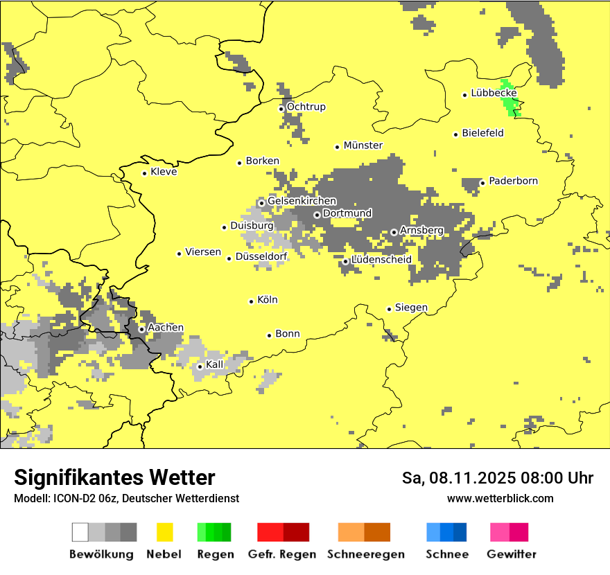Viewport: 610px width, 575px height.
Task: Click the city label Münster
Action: pos(363,145)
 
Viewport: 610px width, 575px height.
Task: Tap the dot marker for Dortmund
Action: pos(317,215)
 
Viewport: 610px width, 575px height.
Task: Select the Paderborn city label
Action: pos(513,181)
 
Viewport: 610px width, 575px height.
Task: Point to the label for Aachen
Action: pos(166,328)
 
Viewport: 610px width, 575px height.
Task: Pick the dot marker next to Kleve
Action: pos(144,173)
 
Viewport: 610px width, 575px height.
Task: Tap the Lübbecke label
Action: pos(494,93)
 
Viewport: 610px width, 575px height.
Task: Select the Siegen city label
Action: pos(411,308)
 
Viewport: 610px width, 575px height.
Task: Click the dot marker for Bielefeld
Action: pos(456,134)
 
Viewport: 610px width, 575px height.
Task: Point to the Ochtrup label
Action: pos(306,107)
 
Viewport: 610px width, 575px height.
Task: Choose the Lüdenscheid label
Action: pos(381,260)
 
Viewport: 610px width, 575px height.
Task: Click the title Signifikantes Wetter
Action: pos(114,478)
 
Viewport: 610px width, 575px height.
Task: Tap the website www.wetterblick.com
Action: pos(500,499)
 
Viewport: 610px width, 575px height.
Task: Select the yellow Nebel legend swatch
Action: pos(165,532)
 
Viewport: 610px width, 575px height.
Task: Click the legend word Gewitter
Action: pos(512,554)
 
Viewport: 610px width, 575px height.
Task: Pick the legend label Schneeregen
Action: pos(366,554)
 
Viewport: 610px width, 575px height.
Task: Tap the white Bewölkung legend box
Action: pos(80,532)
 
